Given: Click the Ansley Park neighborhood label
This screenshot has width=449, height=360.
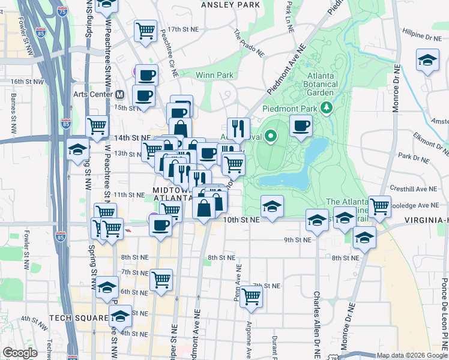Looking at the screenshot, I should click(231, 5).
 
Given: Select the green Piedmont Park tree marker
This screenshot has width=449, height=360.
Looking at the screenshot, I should click(327, 108).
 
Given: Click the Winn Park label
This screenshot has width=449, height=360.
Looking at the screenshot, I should click(214, 76).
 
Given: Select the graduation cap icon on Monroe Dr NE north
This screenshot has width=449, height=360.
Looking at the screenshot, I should click(427, 60).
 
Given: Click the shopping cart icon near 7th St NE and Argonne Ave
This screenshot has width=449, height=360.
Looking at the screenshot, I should click(251, 296).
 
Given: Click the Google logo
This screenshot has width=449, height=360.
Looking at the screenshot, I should click(19, 353).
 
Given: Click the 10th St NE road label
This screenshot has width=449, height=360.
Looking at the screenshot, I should click(241, 220).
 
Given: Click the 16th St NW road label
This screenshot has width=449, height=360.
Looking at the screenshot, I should click(28, 82).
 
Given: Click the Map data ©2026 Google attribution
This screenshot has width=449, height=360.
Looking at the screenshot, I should click(411, 355).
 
